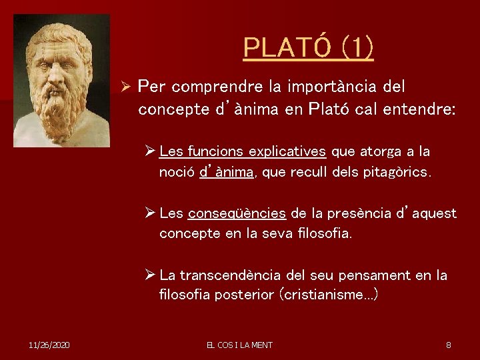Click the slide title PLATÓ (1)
308,47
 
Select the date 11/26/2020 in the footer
50,345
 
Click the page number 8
449,345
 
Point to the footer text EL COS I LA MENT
239,345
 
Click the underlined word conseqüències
237,214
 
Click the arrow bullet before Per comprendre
125,87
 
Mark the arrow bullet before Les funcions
151,152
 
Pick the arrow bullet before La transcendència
151,275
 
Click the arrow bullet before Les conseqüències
151,213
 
